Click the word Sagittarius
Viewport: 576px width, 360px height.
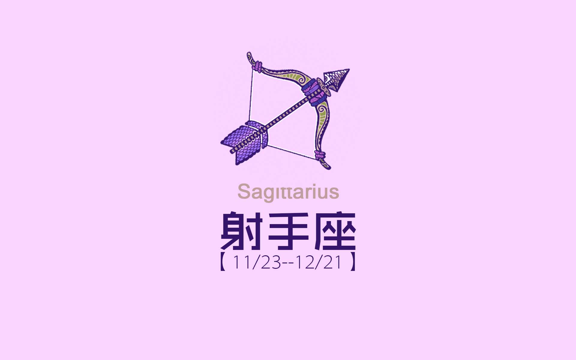click(x=288, y=192)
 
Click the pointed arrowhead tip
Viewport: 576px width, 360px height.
click(x=349, y=70)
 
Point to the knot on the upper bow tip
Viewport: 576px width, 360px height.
click(x=258, y=67)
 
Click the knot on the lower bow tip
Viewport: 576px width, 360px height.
click(x=320, y=155)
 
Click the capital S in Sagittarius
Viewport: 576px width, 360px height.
click(x=244, y=192)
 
